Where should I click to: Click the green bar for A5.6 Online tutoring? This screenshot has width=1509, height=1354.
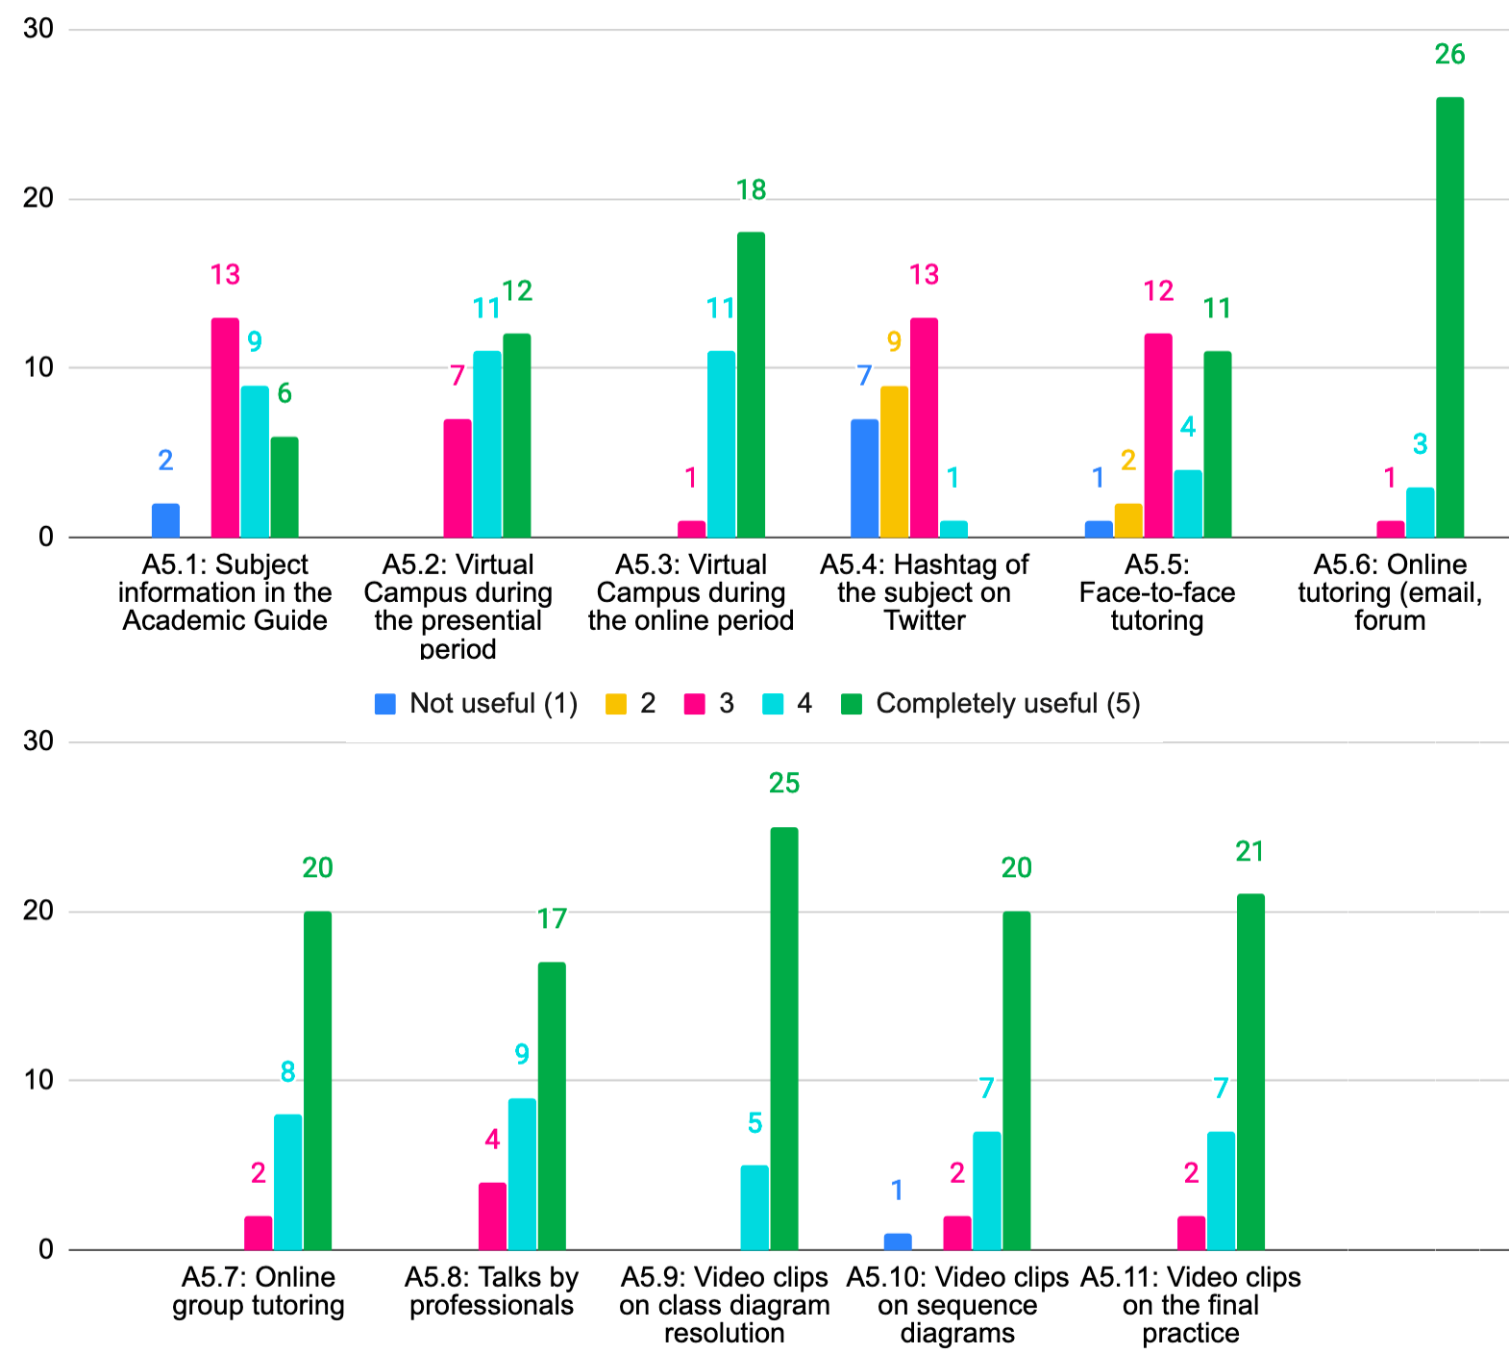(x=1449, y=317)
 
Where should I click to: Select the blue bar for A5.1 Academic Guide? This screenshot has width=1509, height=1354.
(x=165, y=520)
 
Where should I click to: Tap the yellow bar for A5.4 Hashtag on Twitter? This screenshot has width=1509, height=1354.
(x=894, y=462)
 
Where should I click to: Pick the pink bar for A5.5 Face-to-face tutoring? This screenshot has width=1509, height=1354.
(x=1157, y=436)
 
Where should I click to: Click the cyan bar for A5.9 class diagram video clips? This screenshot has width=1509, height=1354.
(x=754, y=1208)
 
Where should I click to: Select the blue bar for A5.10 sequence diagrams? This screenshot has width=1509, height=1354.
(x=897, y=1241)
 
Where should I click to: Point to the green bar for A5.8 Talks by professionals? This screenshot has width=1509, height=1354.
(x=552, y=1106)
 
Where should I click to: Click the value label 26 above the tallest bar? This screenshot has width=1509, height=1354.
(x=1449, y=55)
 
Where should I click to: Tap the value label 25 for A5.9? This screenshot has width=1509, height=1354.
(x=784, y=784)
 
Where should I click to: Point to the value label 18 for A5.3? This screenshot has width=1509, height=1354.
(x=751, y=190)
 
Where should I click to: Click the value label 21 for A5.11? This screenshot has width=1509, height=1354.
(x=1249, y=852)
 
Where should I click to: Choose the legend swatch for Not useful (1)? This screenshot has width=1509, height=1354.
(x=385, y=704)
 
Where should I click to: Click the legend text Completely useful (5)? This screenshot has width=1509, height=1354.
(x=1007, y=704)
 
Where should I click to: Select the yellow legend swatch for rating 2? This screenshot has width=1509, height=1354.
(x=615, y=704)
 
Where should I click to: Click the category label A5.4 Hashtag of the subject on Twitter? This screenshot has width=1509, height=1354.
(x=924, y=592)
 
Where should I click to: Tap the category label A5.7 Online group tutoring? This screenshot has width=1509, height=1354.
(x=258, y=1291)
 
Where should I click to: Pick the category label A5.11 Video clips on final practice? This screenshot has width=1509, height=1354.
(x=1190, y=1305)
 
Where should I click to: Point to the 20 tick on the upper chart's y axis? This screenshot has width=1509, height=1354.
(x=38, y=199)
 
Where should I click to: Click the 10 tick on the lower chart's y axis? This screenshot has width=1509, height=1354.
(x=38, y=1080)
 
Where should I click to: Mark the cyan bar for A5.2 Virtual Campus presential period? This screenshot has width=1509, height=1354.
(x=486, y=444)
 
